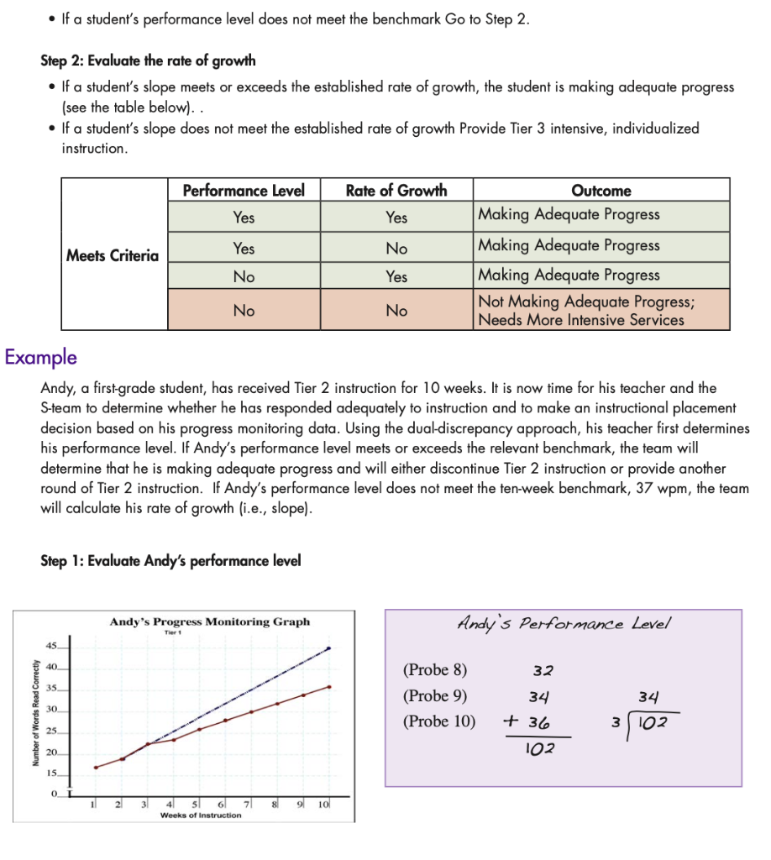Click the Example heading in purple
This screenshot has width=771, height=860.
click(40, 357)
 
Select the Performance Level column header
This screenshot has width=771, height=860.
click(244, 191)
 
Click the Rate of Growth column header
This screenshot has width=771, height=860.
click(396, 191)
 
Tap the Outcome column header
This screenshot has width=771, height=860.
click(601, 191)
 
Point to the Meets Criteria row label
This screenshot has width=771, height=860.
click(113, 256)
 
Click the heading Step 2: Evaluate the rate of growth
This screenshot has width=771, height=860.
click(148, 60)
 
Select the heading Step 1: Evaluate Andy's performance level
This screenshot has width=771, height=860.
click(170, 561)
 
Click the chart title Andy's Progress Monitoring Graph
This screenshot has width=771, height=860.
click(209, 621)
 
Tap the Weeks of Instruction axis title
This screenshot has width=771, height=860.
click(200, 815)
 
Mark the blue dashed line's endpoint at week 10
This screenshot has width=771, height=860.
click(328, 648)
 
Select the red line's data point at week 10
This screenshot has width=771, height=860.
click(328, 687)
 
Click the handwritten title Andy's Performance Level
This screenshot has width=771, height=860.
click(564, 624)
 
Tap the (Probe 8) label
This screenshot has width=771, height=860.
click(435, 670)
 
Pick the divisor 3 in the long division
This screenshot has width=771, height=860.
click(615, 722)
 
